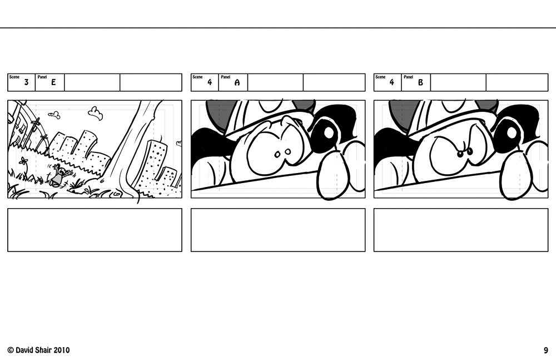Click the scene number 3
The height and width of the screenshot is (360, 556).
pos(26,82)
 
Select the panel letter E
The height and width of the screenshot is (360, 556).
pos(53,82)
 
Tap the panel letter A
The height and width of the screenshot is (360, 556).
pos(237,82)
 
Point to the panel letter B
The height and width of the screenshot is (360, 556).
pos(420,82)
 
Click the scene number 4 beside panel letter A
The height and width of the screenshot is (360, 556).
pos(210,82)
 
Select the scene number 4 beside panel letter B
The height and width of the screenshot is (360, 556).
pos(391,82)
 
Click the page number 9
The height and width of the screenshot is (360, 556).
pos(546,351)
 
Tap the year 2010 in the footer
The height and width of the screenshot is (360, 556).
pos(62,350)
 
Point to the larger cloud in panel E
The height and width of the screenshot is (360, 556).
pos(96,113)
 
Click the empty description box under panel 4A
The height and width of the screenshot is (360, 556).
pos(278,230)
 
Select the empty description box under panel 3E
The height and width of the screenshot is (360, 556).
pos(95,230)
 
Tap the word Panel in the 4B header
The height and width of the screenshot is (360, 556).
pos(408,77)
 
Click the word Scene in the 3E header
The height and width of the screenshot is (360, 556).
pos(14,77)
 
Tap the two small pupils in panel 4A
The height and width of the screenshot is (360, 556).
pos(282,152)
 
